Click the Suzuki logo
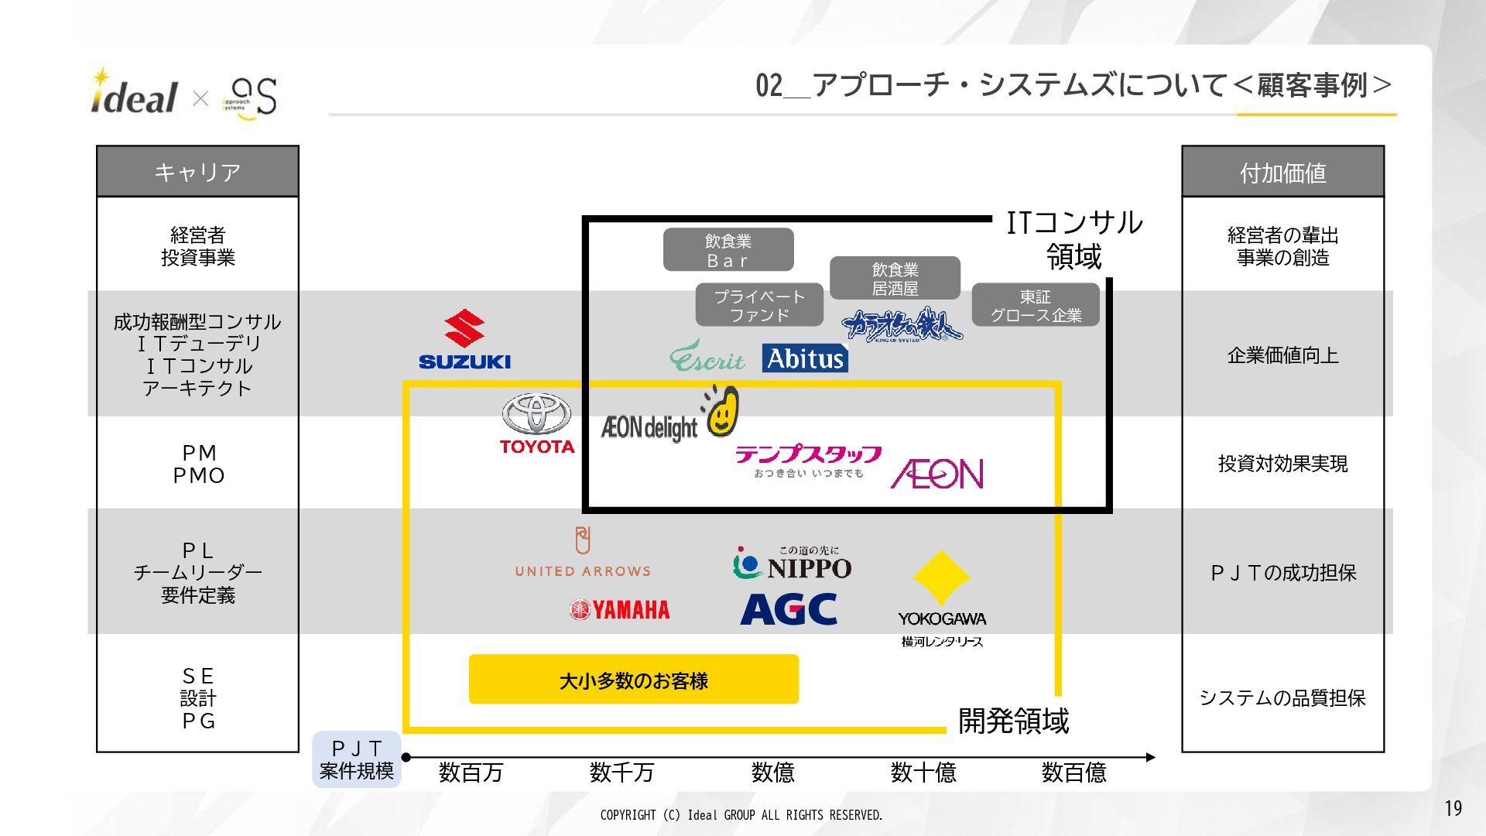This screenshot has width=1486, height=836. pos(464,340)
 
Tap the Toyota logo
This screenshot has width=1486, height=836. pos(536,423)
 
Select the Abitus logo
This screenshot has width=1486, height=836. pos(805,358)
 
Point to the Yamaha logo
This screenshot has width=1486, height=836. pos(619,610)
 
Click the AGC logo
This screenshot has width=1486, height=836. pos(789,609)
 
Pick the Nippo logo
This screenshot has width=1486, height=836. pos(792,564)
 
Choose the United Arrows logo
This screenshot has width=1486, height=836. pos(583,553)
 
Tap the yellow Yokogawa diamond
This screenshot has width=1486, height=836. pos(941,577)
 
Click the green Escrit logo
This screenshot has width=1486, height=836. pos(707,357)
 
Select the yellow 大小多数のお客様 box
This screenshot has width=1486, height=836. pos(633,680)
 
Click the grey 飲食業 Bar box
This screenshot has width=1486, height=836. pos(728,250)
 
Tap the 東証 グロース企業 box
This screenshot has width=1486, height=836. pos(1035,306)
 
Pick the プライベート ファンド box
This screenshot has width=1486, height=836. pos(758,306)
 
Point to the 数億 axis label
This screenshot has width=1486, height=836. pos(772,772)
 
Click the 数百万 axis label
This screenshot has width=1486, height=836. pos(471,772)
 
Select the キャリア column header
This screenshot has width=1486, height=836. pos(197,172)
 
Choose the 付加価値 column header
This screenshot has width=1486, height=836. pos(1282,172)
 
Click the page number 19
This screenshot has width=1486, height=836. pos(1453,808)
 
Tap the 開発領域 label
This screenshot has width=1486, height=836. pos(1013,721)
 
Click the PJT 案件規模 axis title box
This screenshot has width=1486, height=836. pos(357,759)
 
